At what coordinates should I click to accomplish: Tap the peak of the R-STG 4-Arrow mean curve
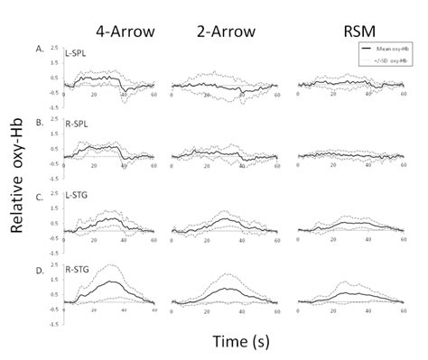click(111, 282)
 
